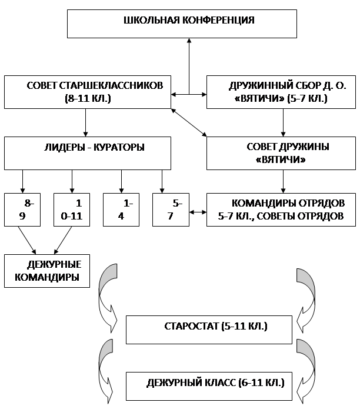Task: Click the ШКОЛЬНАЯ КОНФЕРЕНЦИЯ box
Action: [x=182, y=24]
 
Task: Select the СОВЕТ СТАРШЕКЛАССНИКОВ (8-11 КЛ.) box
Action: [x=88, y=92]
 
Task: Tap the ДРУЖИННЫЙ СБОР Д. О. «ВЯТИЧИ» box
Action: [x=281, y=92]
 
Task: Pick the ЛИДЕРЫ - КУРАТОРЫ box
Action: [x=88, y=153]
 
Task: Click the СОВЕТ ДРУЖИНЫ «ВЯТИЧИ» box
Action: [x=281, y=153]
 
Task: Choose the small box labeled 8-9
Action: [x=22, y=209]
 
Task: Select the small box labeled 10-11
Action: [x=72, y=209]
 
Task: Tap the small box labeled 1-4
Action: [x=121, y=209]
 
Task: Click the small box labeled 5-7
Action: [x=171, y=209]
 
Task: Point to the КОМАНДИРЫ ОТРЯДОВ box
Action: [x=281, y=209]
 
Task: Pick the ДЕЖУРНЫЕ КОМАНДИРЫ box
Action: [x=47, y=271]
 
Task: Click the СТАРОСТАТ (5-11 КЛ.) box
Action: [x=209, y=330]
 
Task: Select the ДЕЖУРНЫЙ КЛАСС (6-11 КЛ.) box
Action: [x=209, y=386]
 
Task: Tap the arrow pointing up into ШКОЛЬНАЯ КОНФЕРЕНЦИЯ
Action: [x=189, y=66]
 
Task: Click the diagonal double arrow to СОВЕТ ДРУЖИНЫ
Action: [x=189, y=122]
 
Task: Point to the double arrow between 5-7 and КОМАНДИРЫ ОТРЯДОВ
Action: [x=198, y=212]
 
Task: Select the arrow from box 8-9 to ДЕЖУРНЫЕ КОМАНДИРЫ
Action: [x=27, y=241]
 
